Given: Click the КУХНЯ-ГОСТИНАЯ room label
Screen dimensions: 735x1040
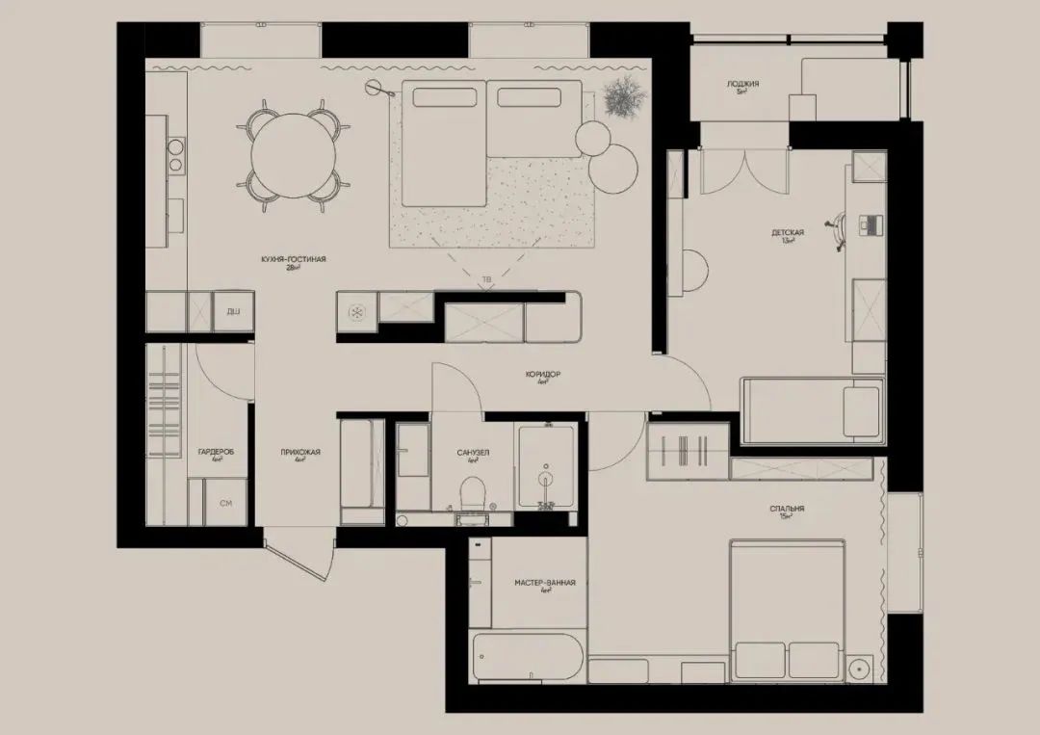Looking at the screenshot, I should coord(294,259).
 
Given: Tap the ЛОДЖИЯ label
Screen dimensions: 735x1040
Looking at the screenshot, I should coord(742,85).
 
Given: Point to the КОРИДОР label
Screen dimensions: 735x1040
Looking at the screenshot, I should coord(543,374).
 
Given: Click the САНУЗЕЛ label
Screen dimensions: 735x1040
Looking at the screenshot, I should coord(473,452).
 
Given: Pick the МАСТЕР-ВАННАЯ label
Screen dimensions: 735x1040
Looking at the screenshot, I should coord(545,583).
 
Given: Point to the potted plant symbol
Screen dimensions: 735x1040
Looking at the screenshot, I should coord(618,99).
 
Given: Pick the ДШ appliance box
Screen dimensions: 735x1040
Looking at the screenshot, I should coord(233,312).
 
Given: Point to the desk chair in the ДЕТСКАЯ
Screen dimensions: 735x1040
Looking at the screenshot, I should coord(841,228).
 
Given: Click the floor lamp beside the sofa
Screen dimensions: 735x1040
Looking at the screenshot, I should coord(374,90).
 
